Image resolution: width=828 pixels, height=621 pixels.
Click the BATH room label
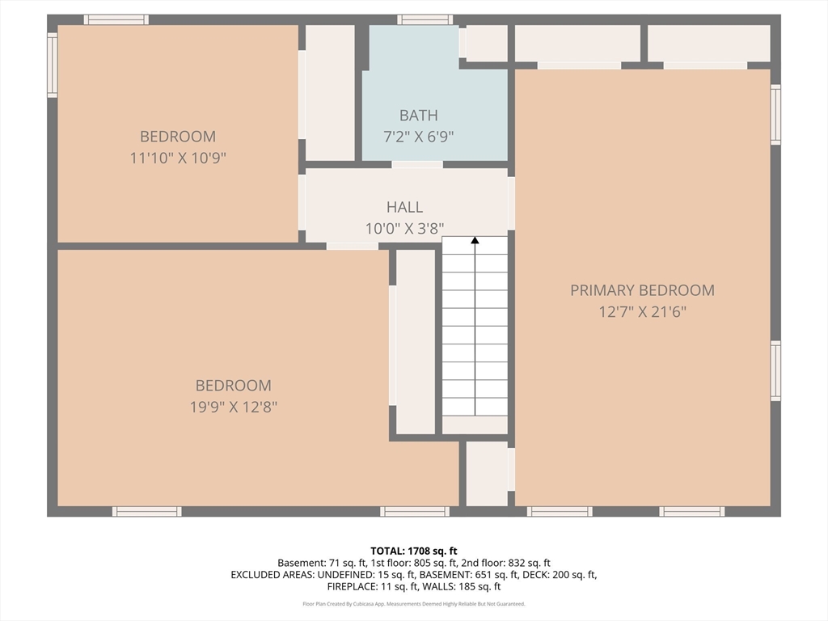[x=418, y=116]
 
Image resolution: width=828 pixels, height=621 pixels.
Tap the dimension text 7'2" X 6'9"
[x=418, y=137]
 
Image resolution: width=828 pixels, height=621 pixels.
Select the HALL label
[x=404, y=208]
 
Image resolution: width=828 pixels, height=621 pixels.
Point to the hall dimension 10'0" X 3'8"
[x=404, y=229]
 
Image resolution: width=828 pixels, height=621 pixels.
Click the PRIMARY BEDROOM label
[x=642, y=290]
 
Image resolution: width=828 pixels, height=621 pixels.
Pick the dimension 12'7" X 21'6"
[x=642, y=311]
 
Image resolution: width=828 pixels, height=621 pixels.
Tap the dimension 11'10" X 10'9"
[x=178, y=158]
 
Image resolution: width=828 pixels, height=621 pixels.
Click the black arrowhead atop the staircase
[x=475, y=240]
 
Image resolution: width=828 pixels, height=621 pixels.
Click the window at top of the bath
[x=425, y=19]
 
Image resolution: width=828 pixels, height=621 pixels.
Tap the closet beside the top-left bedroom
[x=329, y=93]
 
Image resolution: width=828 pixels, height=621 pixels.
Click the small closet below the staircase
[x=486, y=473]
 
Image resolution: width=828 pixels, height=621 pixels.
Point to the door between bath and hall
[x=417, y=165]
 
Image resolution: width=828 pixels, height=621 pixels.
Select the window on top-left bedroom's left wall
[x=53, y=65]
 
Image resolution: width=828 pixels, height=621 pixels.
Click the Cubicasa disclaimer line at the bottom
[x=414, y=604]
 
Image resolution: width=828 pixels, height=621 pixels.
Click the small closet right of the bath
[x=487, y=44]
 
